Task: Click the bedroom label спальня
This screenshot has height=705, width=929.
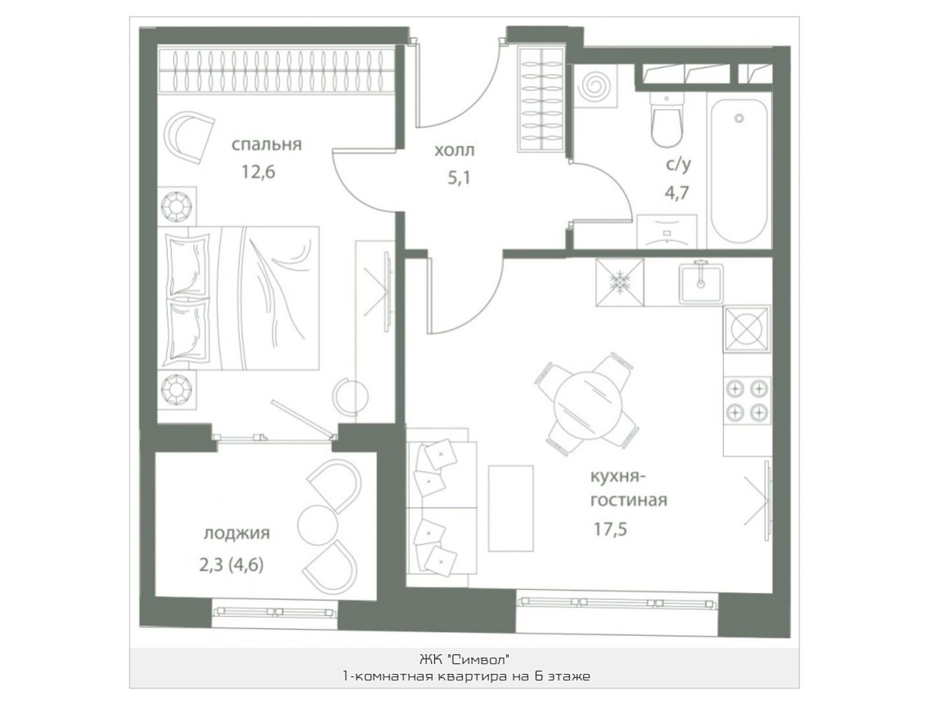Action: (x=266, y=145)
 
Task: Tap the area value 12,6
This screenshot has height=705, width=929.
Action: (x=258, y=172)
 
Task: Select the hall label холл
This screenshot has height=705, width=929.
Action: (x=455, y=150)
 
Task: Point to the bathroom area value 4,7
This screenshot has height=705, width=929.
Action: (x=677, y=193)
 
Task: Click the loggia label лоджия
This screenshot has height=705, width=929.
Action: (x=236, y=533)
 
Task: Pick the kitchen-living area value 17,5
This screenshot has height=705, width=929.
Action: (x=610, y=529)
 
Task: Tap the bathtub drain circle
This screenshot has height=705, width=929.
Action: (x=740, y=118)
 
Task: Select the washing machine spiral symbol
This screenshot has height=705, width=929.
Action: (x=594, y=86)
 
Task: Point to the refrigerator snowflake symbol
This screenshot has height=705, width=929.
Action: (x=620, y=282)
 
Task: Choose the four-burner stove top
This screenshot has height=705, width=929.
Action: (x=747, y=400)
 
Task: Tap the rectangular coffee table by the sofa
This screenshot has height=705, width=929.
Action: (x=510, y=508)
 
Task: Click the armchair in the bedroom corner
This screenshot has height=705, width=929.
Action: (x=189, y=137)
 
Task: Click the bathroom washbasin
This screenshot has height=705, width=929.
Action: (x=667, y=231)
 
